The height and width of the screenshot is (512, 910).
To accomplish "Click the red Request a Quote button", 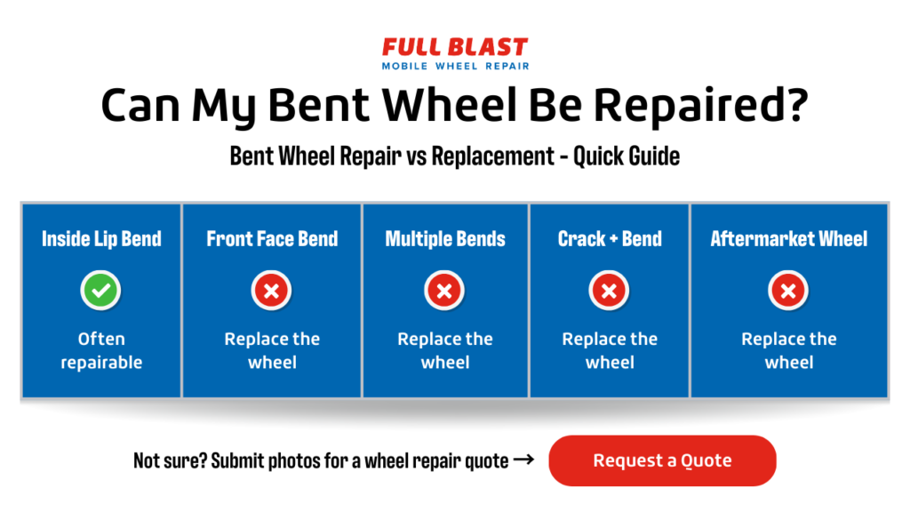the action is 662,460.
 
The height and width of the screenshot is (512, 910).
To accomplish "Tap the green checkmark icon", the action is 100,291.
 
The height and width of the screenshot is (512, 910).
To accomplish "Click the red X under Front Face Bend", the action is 272,291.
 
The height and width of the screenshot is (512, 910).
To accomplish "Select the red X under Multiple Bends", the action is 444,291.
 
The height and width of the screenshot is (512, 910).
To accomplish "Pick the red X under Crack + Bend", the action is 610,291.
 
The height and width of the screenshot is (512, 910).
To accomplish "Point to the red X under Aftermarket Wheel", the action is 788,291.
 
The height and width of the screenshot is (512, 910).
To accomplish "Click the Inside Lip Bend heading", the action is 101,238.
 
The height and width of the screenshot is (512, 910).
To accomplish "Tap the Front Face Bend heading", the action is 272,238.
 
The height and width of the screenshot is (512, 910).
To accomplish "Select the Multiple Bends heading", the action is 445,238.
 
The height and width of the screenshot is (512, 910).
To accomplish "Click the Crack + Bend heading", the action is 610,238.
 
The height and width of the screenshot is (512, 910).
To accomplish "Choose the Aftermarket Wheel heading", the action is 789,238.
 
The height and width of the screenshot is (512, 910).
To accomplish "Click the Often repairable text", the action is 101,350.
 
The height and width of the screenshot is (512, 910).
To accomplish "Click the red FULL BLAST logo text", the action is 455,47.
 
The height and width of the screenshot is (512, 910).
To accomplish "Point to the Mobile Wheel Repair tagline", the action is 456,66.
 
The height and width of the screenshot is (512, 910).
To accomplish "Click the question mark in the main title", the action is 794,104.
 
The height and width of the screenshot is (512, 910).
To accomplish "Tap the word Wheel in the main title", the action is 450,105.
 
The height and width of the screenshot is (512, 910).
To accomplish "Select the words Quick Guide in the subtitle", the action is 627,156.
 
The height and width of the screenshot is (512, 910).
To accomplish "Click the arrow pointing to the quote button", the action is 524,460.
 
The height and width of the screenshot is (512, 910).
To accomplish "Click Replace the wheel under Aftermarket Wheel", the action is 789,350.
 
